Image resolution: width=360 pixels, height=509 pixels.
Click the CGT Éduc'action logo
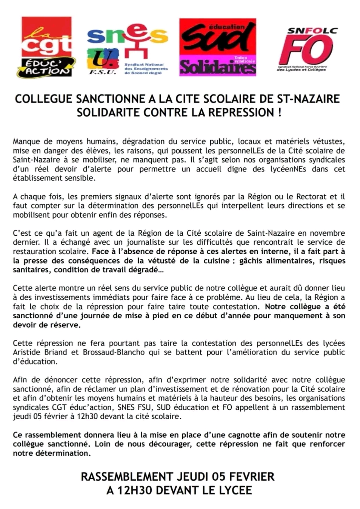[x=46, y=47]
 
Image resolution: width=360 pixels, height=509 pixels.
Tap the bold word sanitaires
[x=31, y=270]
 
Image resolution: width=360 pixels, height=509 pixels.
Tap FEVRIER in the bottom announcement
[x=251, y=477]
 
